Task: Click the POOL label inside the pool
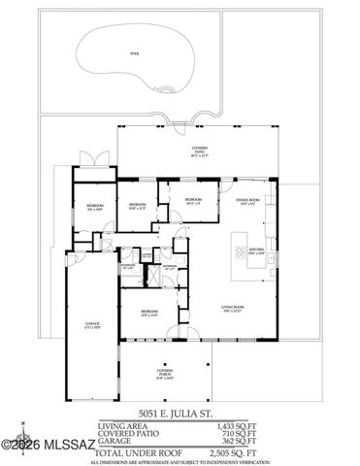(x=122, y=54)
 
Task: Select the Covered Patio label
(x=199, y=151)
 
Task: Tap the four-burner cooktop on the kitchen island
(x=239, y=254)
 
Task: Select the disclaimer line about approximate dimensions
(x=180, y=461)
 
